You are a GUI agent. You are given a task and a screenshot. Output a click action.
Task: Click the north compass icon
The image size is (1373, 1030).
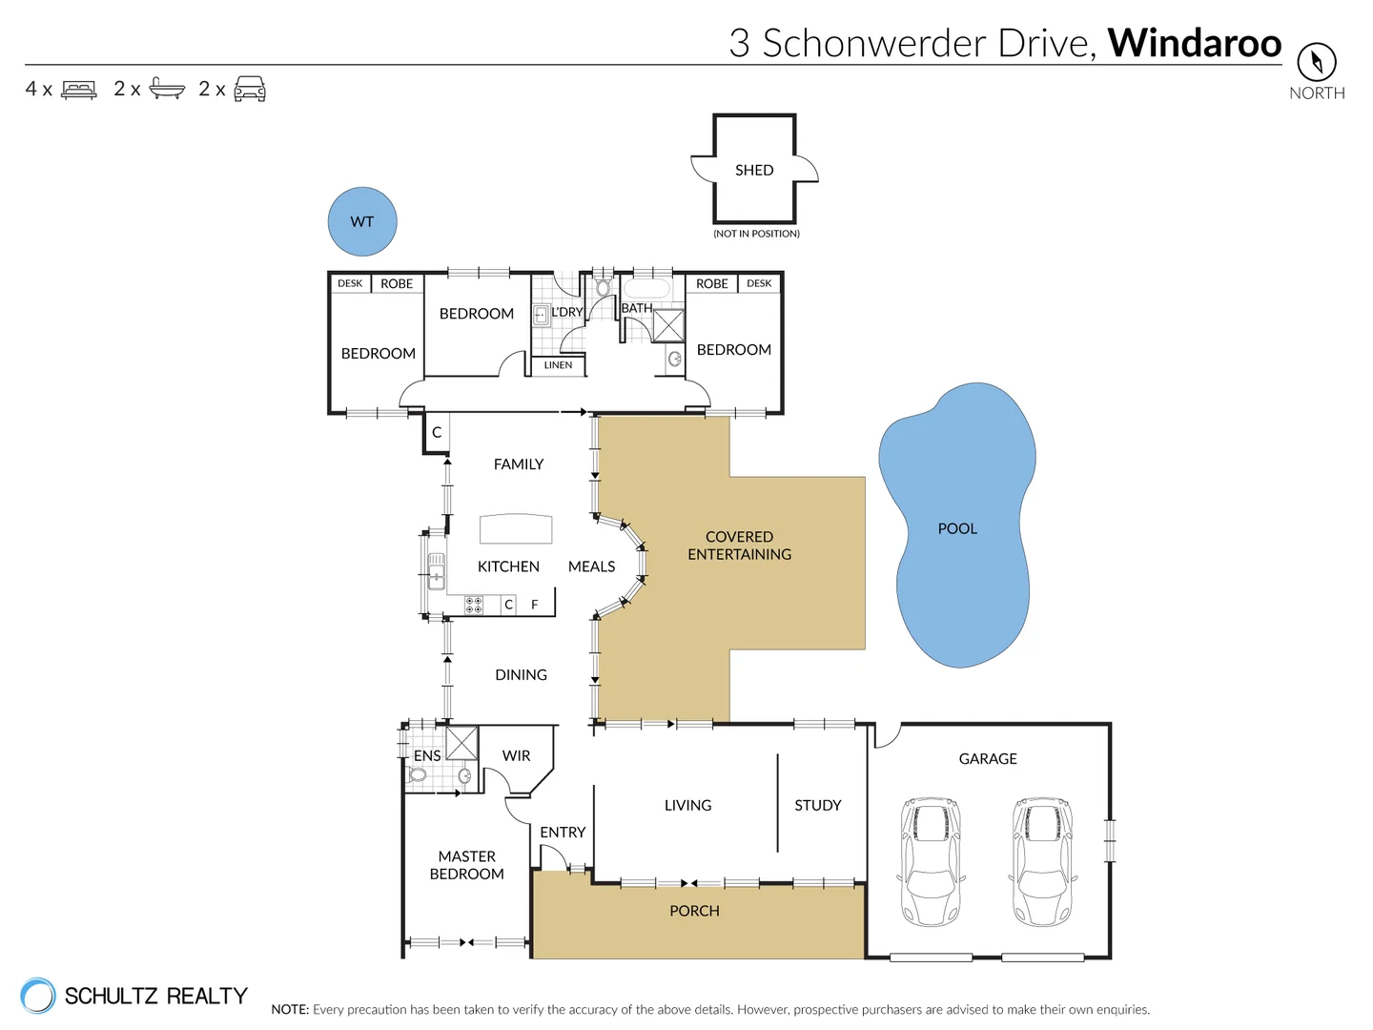click(1316, 62)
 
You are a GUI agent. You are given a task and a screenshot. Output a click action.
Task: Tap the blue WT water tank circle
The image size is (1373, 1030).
click(362, 221)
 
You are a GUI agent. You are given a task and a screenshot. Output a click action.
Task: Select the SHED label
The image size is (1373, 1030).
click(754, 170)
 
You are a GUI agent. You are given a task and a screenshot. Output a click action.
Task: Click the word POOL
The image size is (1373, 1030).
click(957, 528)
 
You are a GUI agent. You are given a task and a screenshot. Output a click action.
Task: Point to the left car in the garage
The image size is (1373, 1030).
click(932, 862)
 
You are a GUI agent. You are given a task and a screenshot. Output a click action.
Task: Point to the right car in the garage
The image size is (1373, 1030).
click(1042, 862)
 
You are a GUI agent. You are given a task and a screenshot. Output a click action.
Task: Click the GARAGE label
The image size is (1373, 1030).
click(988, 758)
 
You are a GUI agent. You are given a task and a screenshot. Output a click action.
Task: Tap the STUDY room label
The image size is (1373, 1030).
click(818, 805)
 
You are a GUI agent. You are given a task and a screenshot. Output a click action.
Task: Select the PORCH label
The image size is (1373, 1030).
click(694, 911)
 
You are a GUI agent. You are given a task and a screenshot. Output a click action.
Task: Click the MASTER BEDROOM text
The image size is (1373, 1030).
click(467, 865)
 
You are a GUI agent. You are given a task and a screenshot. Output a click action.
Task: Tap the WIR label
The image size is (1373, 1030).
click(516, 755)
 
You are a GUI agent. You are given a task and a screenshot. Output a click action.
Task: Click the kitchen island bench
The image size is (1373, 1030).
click(516, 528)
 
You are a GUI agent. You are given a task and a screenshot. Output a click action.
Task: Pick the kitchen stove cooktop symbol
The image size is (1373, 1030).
click(474, 605)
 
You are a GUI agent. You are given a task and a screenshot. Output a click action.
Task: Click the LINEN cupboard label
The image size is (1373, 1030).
click(558, 365)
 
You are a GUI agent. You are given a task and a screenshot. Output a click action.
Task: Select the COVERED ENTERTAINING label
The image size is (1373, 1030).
click(740, 546)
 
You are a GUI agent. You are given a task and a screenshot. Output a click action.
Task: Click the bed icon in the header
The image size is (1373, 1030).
click(79, 90)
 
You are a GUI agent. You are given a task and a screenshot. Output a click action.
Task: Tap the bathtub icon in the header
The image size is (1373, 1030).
click(168, 90)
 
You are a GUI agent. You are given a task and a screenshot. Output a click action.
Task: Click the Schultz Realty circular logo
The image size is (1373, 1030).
click(38, 996)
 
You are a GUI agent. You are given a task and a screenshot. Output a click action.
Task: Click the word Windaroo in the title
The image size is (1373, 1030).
click(1194, 43)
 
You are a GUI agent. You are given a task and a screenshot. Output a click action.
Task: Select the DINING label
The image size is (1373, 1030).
click(521, 674)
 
